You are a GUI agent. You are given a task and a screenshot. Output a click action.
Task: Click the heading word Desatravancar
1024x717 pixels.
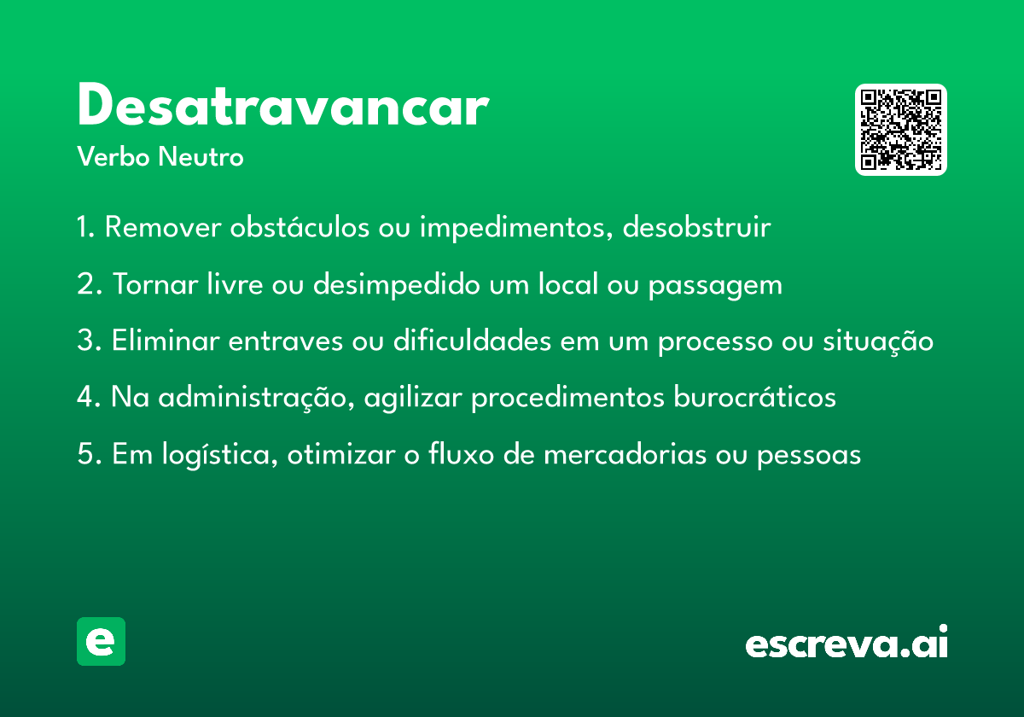283,104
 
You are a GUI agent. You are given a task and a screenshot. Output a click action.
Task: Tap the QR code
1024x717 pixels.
900,130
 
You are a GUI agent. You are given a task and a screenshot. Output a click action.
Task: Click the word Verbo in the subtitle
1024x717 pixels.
113,156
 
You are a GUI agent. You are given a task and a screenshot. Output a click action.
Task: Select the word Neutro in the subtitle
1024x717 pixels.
201,156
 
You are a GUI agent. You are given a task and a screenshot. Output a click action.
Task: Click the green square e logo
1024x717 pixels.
101,641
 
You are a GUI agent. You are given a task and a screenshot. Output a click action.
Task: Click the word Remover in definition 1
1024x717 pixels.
163,226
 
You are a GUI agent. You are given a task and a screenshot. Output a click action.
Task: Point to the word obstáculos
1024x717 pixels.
300,226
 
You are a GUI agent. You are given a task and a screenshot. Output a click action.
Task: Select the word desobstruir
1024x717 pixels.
696,226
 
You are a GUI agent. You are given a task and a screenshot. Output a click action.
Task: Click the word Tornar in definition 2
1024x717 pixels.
155,284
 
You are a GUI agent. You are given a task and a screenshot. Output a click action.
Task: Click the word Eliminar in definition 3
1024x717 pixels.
166,341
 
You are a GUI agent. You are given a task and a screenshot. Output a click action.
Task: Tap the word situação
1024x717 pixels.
878,341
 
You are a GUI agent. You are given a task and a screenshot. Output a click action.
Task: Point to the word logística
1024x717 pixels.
220,455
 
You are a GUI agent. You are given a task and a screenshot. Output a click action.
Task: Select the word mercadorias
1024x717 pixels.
625,454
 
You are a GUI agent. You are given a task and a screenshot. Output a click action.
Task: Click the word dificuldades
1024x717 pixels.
472,341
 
